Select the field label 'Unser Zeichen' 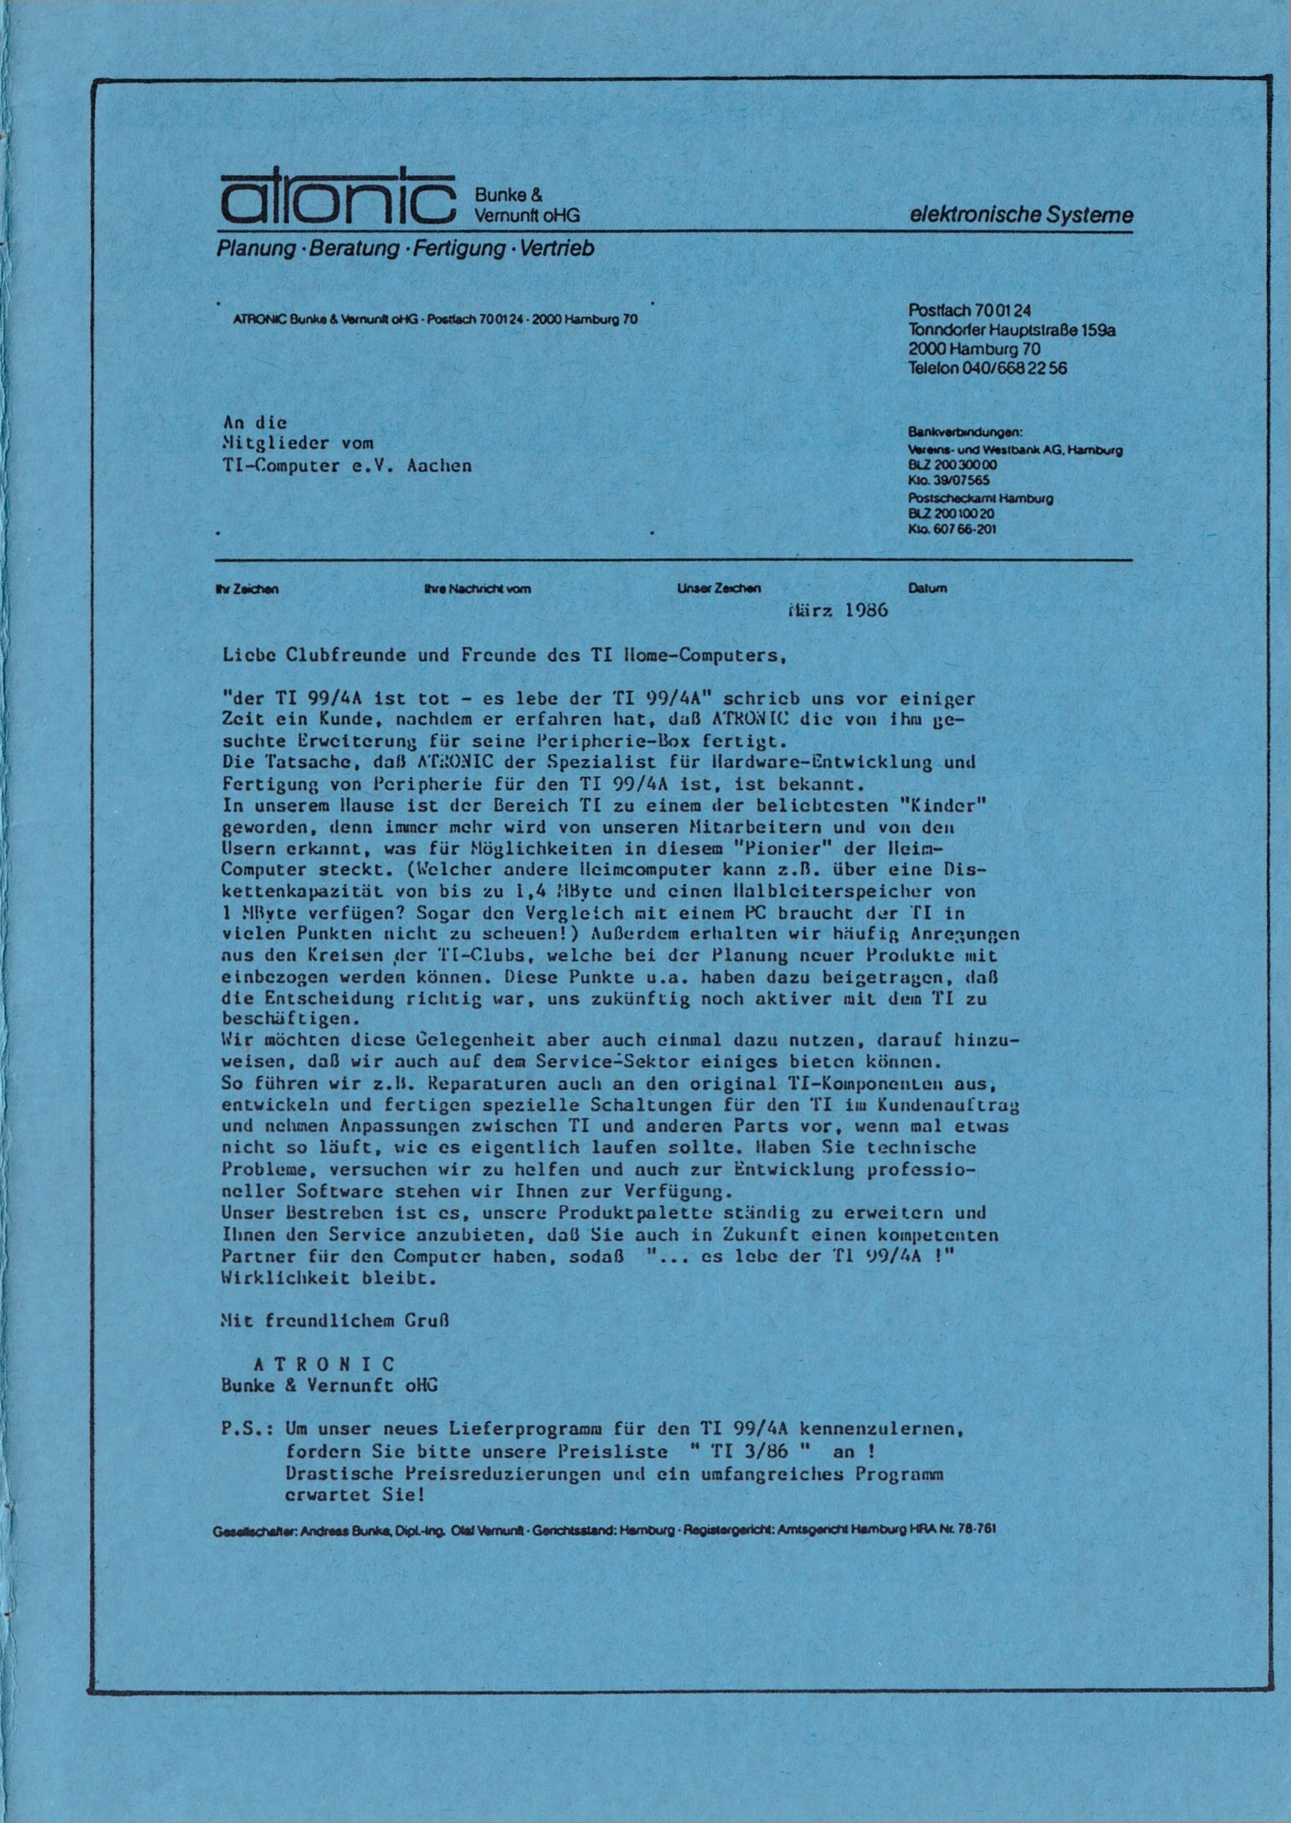(718, 590)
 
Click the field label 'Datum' (926, 590)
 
